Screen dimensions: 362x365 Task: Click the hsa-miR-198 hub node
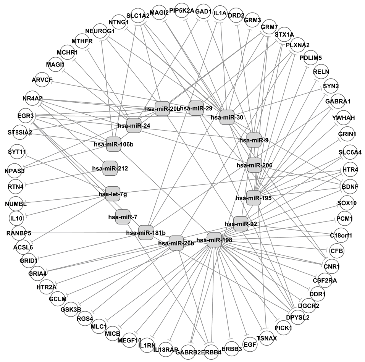tap(214, 240)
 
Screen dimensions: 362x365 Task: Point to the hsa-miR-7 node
tap(123, 217)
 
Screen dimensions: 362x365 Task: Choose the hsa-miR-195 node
tap(254, 198)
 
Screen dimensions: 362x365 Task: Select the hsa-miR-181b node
tap(146, 232)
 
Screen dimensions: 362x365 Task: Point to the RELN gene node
tap(321, 71)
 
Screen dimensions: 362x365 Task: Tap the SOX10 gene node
tap(347, 202)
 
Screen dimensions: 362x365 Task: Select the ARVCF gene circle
tap(43, 79)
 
